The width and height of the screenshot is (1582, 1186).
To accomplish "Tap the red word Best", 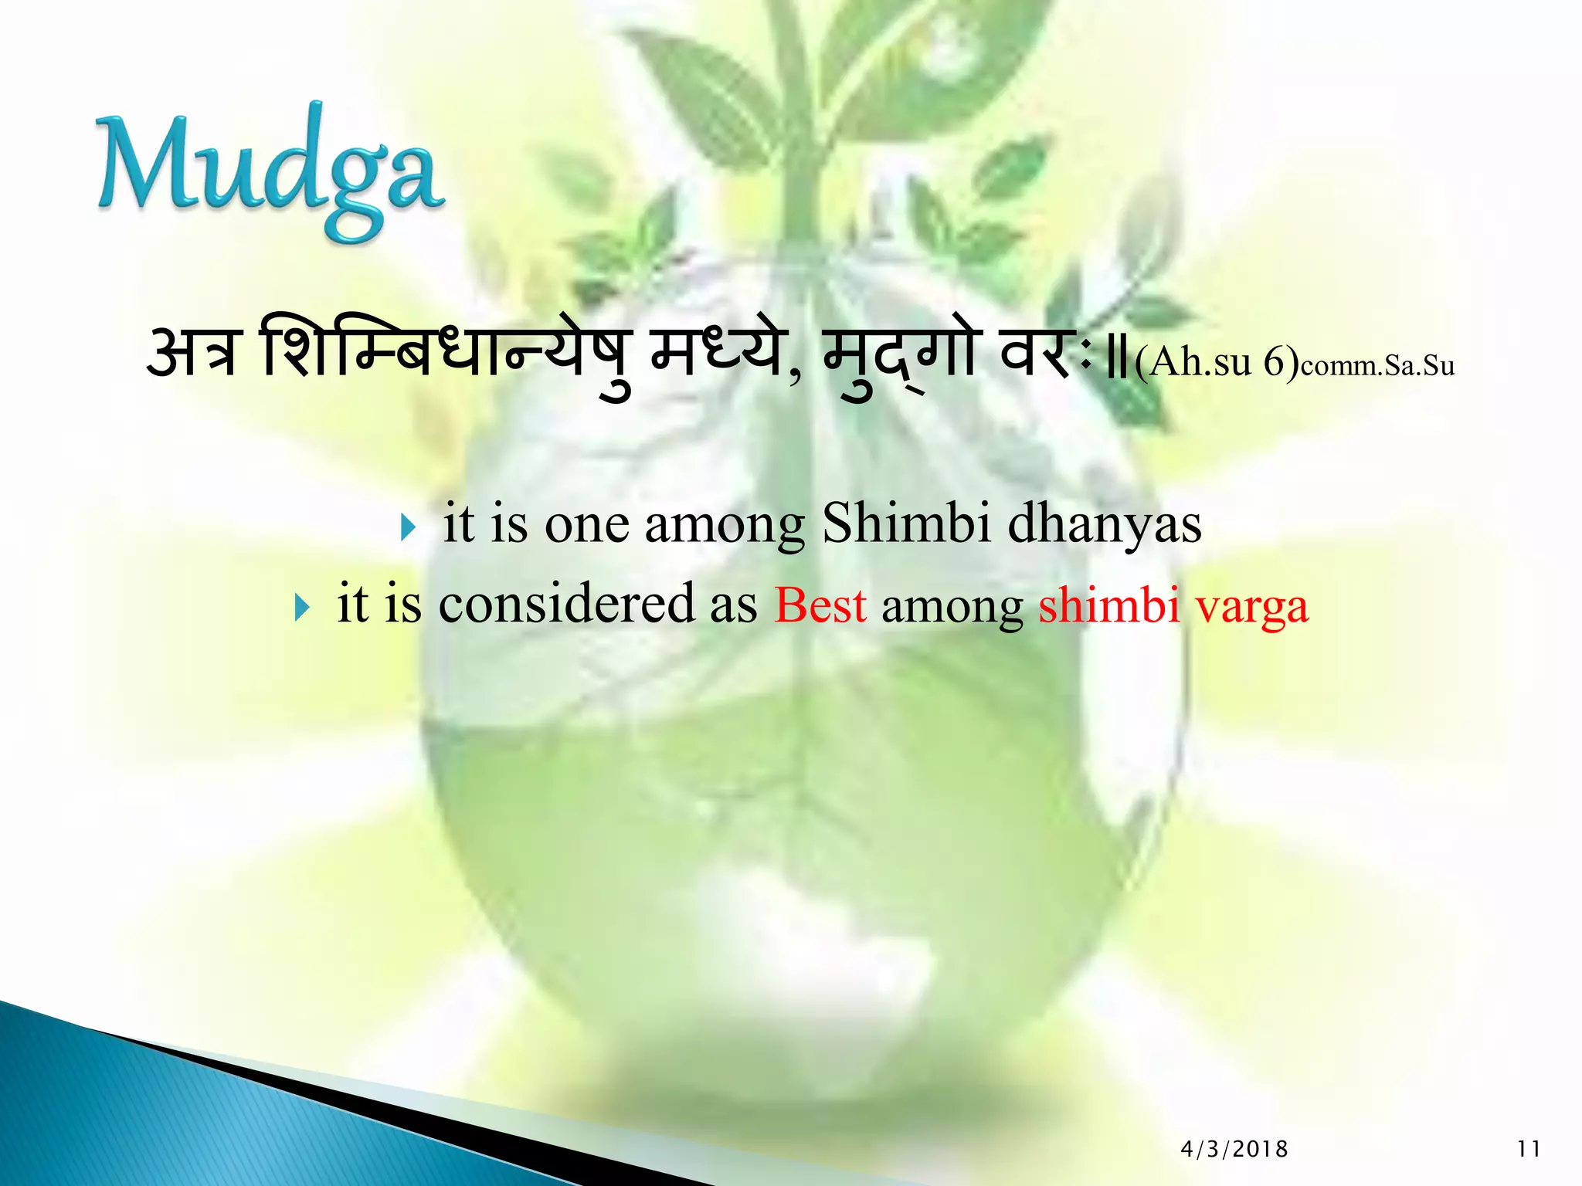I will click(x=820, y=605).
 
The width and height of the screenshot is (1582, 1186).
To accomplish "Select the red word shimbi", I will click(x=1109, y=605).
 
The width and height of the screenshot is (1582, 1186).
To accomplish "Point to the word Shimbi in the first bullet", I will click(x=906, y=524).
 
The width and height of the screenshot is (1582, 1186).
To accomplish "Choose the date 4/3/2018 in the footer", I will click(x=1234, y=1150).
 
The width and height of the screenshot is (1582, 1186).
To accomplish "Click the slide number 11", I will click(x=1529, y=1150).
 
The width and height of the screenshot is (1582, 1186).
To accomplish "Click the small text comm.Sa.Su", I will click(x=1377, y=366).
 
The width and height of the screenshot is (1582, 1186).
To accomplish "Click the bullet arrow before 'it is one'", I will click(x=409, y=529).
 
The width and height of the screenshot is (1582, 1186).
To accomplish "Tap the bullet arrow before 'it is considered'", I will click(x=302, y=608).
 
